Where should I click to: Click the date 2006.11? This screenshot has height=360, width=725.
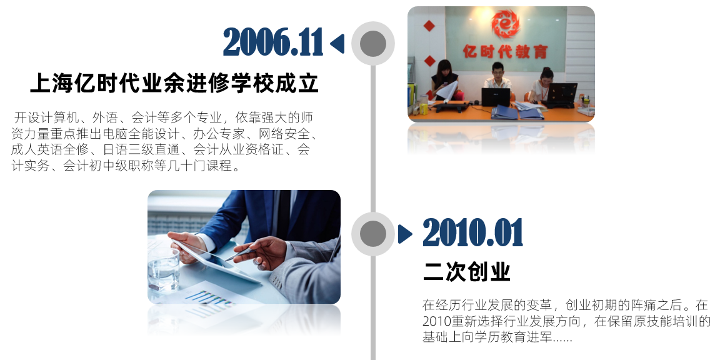(273, 43)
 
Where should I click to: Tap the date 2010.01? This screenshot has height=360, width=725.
(472, 234)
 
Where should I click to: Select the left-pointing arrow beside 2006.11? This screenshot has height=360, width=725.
(337, 43)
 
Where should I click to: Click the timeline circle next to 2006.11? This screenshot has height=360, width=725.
(373, 43)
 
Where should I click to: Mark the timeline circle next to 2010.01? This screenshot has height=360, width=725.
(373, 234)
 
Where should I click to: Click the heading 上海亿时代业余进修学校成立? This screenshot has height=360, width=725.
(174, 84)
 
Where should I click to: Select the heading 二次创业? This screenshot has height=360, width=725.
(466, 272)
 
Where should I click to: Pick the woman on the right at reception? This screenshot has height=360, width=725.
(542, 84)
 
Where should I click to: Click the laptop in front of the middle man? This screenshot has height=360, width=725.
(496, 97)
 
